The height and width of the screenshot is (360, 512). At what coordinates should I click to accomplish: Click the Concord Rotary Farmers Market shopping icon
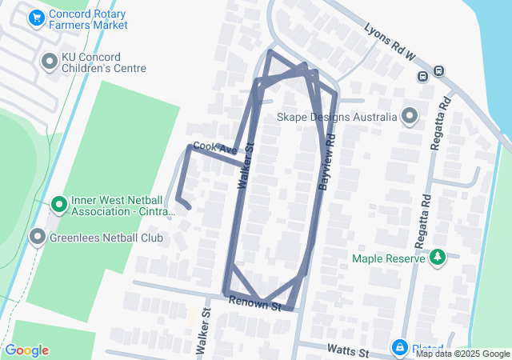point(36,17)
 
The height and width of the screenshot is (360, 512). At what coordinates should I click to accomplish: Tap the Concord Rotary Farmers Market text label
point(88,20)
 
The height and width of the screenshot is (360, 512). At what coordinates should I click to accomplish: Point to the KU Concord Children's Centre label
point(104,63)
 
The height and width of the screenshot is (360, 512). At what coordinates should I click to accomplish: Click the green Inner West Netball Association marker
point(58,205)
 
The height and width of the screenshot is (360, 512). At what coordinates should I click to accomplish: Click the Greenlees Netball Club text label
point(106,238)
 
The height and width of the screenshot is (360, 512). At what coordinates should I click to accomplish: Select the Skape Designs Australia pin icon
point(410,117)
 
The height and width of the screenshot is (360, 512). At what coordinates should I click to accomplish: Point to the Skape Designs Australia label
point(337,117)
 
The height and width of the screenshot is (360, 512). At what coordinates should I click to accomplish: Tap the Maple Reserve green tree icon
point(437,258)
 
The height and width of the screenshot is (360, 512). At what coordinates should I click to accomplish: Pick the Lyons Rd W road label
point(390,41)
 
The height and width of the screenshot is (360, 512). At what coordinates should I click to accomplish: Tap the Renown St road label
point(255,303)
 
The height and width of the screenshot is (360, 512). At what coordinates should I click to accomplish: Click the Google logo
point(26,350)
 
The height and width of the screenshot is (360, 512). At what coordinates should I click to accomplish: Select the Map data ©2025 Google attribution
point(462,354)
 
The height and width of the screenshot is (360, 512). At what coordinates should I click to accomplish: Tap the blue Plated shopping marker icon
point(400,349)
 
